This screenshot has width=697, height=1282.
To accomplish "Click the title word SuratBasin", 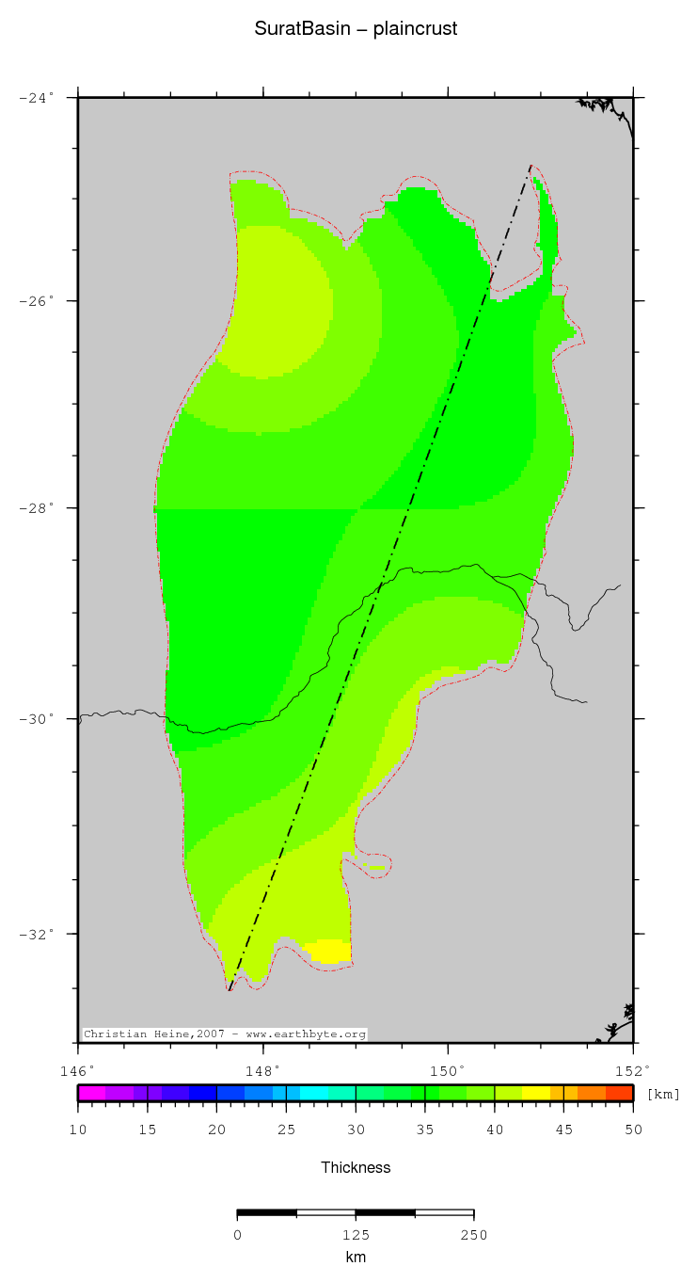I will [x=307, y=29].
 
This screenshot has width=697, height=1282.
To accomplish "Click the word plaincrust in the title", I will [x=415, y=29].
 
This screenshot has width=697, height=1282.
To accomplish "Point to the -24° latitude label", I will [x=38, y=97].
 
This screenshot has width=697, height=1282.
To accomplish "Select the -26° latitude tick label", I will [x=38, y=301].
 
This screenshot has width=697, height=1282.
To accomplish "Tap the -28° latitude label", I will [x=38, y=508].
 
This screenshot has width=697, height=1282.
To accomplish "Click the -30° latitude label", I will [x=38, y=719].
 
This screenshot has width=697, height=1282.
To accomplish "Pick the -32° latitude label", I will [x=38, y=934].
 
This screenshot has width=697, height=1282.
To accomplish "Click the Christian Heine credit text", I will [x=224, y=1034].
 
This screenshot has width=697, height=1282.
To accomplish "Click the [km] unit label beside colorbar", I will [x=663, y=1094].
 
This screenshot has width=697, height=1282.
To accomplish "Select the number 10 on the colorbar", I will [x=78, y=1130].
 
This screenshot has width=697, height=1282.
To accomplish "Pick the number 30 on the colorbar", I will [x=356, y=1130].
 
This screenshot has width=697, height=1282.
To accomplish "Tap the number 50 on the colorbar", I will [x=633, y=1130].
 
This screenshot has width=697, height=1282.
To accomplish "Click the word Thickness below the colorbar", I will [x=356, y=1168].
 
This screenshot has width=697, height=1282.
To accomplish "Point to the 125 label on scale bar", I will [x=356, y=1235].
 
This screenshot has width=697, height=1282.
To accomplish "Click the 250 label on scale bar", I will [x=474, y=1235].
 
